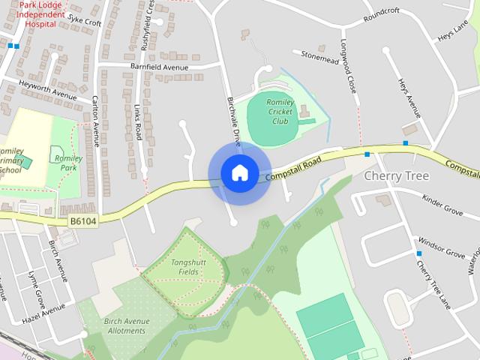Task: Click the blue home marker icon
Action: tap(239, 172)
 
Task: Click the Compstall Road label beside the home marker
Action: tap(294, 170)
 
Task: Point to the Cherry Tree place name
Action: tap(397, 175)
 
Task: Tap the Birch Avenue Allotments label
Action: tap(127, 325)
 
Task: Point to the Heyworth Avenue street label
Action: tap(48, 88)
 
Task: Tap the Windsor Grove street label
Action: tap(442, 247)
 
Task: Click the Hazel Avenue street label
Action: tap(43, 313)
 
